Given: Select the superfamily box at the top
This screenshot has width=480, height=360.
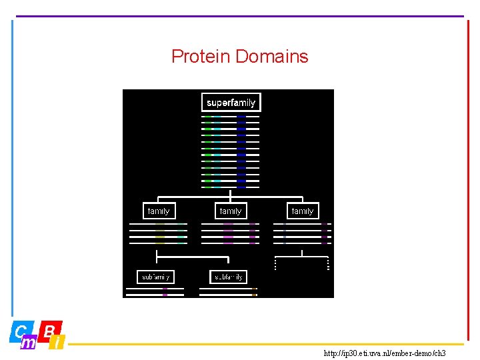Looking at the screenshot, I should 231,103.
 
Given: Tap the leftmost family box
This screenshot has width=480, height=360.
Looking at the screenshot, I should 159,211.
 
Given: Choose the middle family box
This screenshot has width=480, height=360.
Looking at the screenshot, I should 231,211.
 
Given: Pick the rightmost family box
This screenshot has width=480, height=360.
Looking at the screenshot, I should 303,211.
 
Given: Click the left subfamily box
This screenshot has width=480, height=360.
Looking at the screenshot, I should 155,277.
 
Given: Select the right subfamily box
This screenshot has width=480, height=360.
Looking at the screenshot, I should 228,277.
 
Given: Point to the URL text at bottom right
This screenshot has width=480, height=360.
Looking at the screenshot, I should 385,353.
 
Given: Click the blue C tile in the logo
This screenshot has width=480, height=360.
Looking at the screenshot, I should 21,331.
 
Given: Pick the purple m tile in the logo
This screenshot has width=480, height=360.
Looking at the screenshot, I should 29,343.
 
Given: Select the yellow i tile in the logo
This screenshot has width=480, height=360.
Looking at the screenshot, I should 58,343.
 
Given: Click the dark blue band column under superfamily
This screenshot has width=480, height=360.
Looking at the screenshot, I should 241,151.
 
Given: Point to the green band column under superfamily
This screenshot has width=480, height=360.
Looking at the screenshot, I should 208,151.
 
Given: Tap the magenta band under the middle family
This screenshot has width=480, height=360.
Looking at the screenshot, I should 228,233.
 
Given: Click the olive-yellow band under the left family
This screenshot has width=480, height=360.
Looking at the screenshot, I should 160,233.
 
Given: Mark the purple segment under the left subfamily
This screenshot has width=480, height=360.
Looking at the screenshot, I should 165,291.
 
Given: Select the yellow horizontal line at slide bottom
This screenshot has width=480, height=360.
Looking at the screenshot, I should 267,344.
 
